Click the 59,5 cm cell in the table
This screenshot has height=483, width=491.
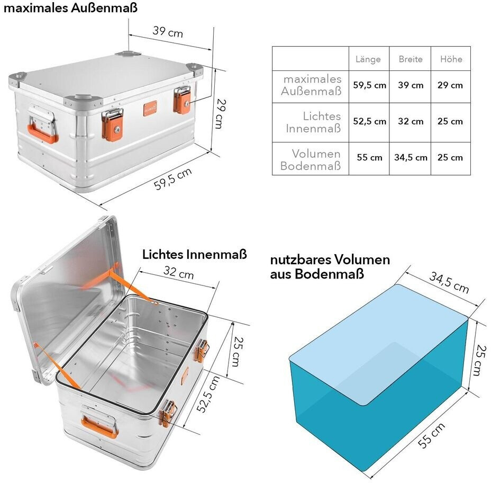click(369, 85)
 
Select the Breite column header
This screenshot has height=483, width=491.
click(411, 59)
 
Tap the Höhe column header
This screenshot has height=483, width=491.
click(451, 59)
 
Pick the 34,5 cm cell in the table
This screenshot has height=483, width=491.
click(411, 157)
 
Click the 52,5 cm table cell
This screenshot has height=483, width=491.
click(369, 121)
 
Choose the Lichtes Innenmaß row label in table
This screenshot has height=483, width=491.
click(313, 122)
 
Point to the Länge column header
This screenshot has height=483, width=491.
click(368, 59)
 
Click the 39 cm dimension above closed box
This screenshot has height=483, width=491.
click(168, 31)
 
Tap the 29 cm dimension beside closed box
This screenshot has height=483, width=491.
click(221, 113)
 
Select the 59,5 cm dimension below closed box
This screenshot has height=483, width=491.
click(172, 179)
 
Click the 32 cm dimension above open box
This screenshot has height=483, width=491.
click(178, 272)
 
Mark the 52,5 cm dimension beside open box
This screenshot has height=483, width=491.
click(208, 394)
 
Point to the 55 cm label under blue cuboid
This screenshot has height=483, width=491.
click(431, 435)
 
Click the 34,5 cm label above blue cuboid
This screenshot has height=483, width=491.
click(449, 282)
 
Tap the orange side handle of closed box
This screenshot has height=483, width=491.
click(42, 134)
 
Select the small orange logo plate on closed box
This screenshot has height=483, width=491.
click(150, 108)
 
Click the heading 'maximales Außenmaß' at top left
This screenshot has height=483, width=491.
click(70, 7)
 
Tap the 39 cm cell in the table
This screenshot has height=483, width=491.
click(411, 85)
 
